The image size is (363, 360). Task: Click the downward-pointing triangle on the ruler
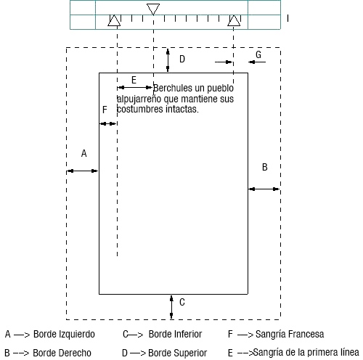click(153, 9)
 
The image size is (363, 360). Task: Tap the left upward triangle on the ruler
click(114, 20)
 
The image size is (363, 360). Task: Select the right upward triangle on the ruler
click(234, 20)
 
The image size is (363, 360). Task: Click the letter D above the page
click(182, 59)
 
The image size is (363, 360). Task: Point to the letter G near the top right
click(258, 54)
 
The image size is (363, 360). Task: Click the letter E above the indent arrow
click(134, 80)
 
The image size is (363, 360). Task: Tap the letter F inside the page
click(105, 110)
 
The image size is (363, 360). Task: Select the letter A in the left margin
click(83, 153)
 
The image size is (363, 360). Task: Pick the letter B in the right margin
click(265, 167)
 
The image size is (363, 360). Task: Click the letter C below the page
click(182, 302)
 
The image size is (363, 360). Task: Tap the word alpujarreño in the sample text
click(139, 99)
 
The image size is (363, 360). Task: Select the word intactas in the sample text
click(182, 109)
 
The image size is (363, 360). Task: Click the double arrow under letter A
click(82, 171)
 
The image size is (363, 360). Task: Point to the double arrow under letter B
click(264, 189)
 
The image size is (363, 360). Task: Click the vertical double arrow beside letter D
click(168, 60)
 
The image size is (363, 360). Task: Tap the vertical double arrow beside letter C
click(171, 307)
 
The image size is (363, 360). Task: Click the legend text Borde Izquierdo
click(64, 334)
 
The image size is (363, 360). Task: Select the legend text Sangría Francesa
click(290, 334)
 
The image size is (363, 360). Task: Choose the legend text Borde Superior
click(177, 353)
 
